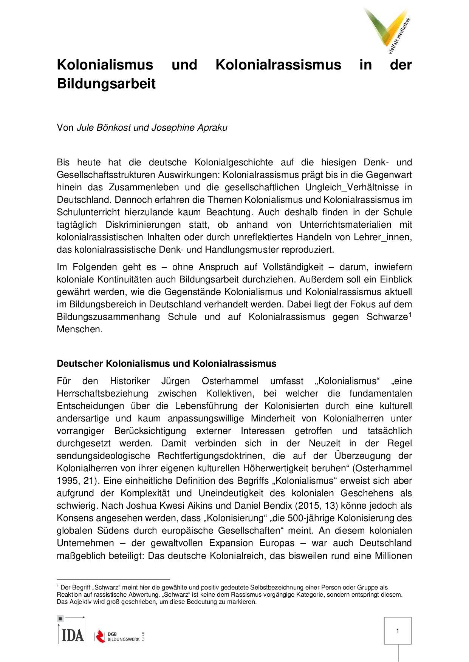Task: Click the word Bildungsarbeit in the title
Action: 106,84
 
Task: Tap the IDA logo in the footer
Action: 71,633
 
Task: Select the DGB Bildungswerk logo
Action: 119,636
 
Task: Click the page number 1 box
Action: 398,631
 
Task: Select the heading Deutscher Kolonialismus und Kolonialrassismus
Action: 166,364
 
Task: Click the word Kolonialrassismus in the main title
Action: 278,65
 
